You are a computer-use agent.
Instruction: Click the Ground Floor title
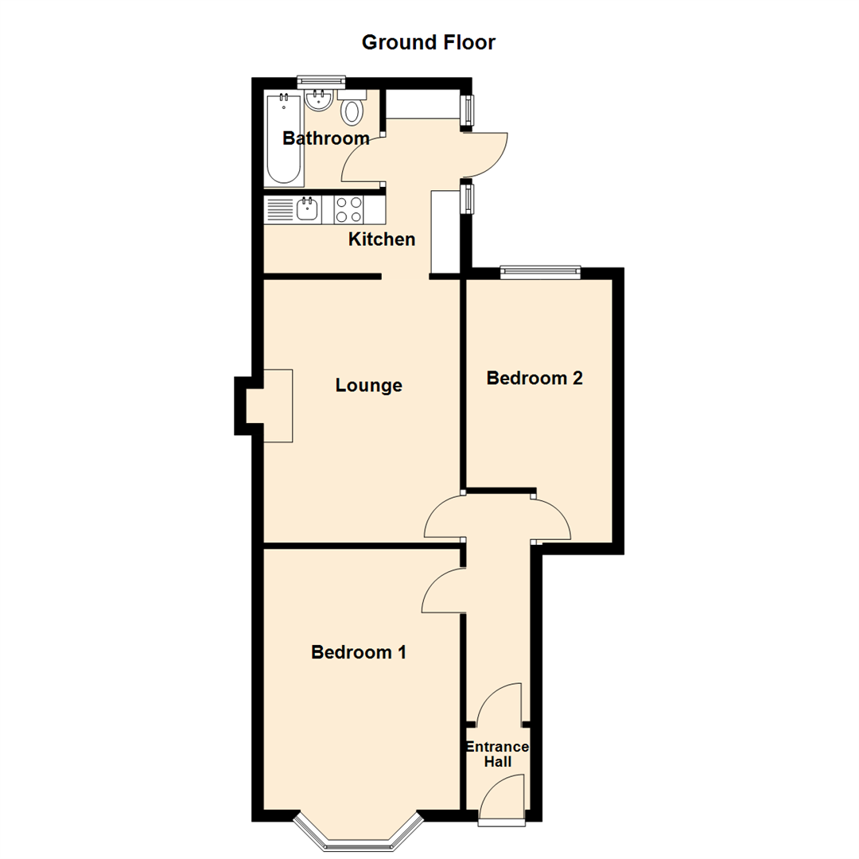428,42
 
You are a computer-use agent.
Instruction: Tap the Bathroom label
326,138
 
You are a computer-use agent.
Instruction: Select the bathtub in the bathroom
283,138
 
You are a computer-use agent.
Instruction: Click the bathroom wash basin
318,100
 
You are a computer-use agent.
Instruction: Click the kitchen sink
307,210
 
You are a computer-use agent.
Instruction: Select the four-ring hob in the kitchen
348,210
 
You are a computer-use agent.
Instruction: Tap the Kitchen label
382,239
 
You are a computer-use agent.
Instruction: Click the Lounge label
368,386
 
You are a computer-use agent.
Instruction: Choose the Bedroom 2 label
534,378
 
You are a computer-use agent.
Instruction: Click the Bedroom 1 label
359,652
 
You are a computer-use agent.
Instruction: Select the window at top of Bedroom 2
540,272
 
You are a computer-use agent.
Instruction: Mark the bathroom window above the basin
321,80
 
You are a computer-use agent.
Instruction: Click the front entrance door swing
504,795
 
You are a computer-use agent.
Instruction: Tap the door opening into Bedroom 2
552,519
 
